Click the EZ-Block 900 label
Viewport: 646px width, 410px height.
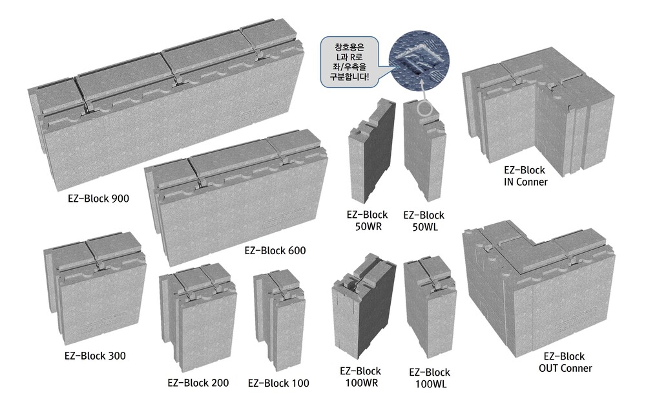(98, 199)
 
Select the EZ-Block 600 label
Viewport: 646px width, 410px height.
(275, 250)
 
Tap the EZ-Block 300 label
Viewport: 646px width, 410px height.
(95, 356)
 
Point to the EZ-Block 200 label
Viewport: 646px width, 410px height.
(198, 383)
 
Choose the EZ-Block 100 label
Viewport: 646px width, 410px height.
(278, 383)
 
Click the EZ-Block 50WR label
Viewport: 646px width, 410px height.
(367, 221)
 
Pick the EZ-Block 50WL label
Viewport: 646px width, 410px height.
(424, 221)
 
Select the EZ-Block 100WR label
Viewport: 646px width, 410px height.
(361, 376)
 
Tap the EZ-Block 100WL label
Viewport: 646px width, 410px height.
(430, 378)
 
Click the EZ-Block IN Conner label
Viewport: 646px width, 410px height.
(525, 176)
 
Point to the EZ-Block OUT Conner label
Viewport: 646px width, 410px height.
(565, 362)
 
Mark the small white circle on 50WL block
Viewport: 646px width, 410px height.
(425, 109)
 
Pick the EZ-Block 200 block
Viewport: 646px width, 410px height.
(198, 316)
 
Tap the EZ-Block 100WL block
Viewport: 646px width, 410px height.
(430, 307)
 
